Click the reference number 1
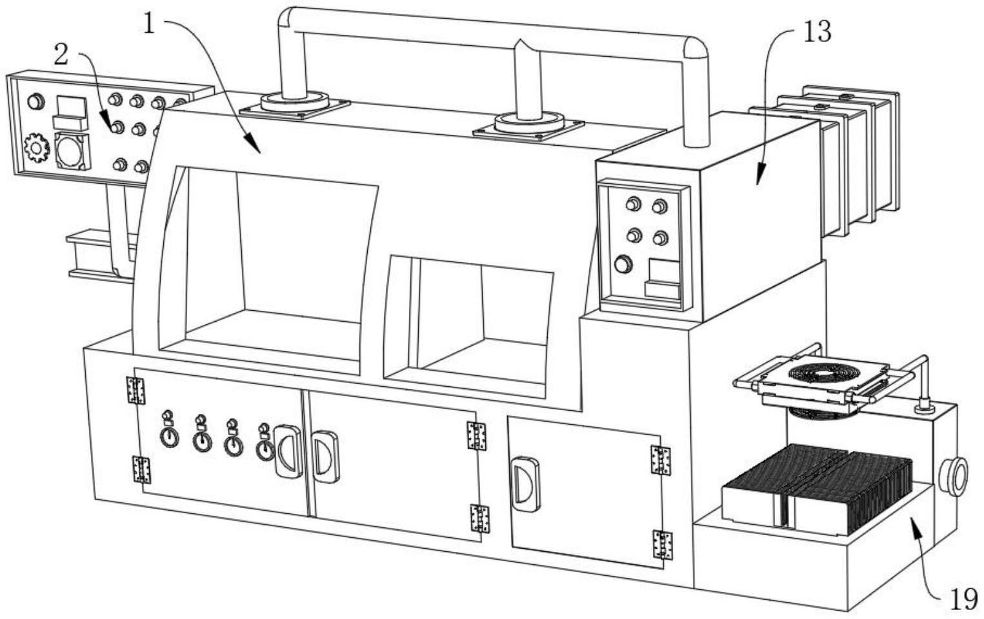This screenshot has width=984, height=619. click(x=150, y=25)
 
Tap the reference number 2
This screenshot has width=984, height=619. click(x=61, y=55)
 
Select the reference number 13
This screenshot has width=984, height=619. click(x=816, y=31)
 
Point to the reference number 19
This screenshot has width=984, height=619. click(x=963, y=600)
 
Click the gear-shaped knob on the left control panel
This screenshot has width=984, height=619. click(x=37, y=148)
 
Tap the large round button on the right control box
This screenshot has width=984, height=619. click(x=623, y=264)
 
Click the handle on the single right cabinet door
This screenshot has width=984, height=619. click(x=525, y=484)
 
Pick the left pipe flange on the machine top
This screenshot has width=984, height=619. click(x=294, y=103)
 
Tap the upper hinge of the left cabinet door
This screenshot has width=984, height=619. click(x=136, y=390)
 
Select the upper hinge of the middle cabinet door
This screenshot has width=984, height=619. click(x=476, y=436)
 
